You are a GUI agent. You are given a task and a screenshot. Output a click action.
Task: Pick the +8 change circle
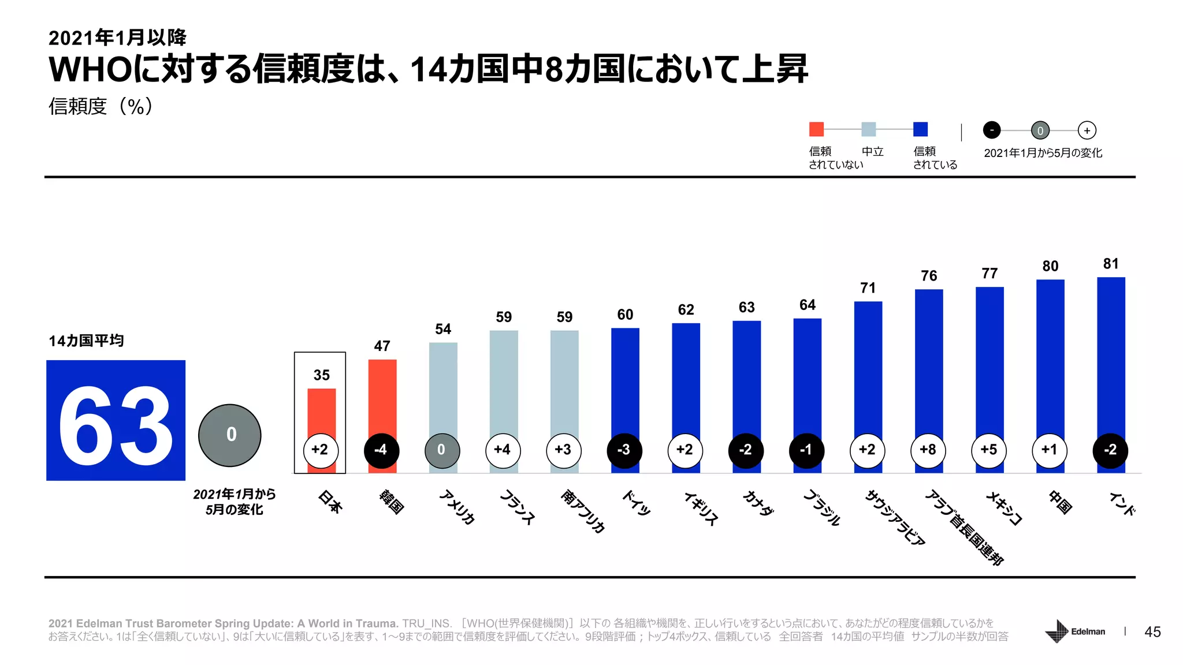928,450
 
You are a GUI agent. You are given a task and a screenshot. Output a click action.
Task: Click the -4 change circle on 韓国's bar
381,450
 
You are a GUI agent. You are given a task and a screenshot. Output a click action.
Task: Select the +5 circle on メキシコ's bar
989,450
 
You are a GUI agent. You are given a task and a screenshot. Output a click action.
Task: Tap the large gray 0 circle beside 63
230,435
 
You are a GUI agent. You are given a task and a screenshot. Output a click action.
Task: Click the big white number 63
116,426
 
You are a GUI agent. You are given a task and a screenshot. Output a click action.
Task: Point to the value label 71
868,288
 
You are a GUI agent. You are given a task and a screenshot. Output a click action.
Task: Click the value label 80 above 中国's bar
1050,266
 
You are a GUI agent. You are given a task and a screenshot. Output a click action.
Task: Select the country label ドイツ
636,502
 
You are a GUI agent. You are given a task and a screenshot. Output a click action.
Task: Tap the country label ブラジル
822,507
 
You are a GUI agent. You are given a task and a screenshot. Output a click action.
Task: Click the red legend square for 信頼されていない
816,129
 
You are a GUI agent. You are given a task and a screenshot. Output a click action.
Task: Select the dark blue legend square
920,129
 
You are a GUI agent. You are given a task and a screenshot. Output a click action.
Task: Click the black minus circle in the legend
991,130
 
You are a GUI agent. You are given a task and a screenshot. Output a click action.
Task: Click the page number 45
1152,632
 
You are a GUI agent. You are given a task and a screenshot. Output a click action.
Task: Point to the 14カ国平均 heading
86,341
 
